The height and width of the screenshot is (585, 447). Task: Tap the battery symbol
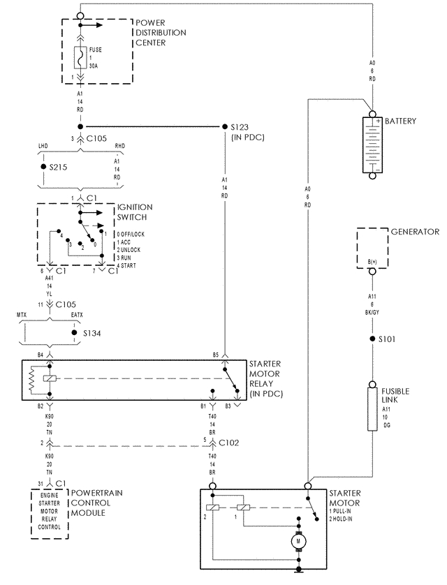pyautogui.click(x=372, y=145)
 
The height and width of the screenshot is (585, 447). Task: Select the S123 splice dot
pyautogui.click(x=224, y=127)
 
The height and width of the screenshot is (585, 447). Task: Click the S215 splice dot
pyautogui.click(x=43, y=168)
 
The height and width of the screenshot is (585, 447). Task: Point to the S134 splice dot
pyautogui.click(x=74, y=333)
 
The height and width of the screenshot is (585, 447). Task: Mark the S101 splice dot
pyautogui.click(x=372, y=339)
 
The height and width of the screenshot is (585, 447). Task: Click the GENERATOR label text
pyautogui.click(x=414, y=232)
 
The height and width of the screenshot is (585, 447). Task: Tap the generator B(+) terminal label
pyautogui.click(x=372, y=262)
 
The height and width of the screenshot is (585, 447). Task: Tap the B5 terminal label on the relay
pyautogui.click(x=217, y=355)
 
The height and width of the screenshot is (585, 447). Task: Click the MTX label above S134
pyautogui.click(x=23, y=316)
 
